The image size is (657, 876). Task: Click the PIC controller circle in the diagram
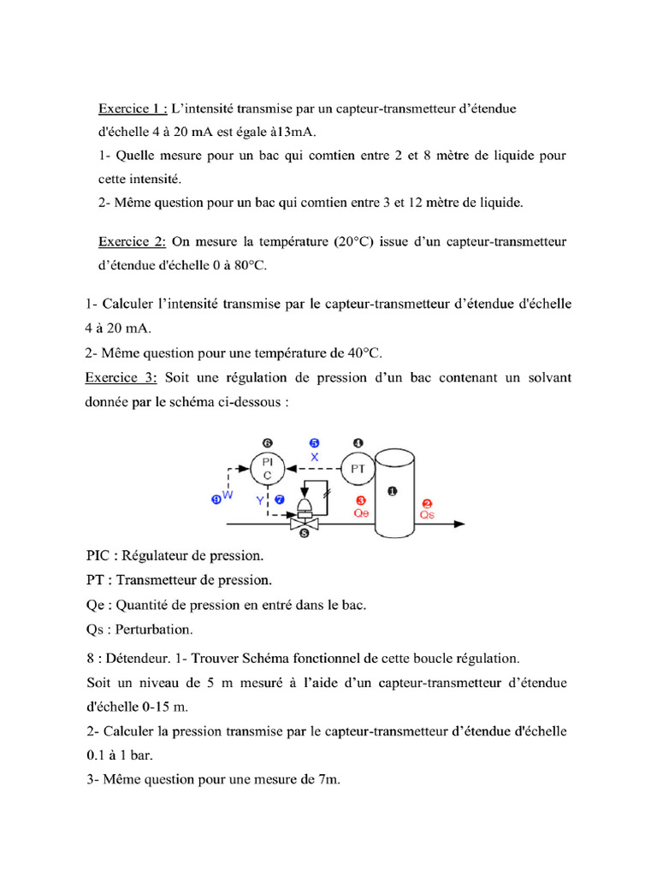pos(268,469)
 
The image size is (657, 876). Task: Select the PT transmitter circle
pos(358,468)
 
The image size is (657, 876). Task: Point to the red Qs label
pos(428,514)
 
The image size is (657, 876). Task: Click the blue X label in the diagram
pos(314,458)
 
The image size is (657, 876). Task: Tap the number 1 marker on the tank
pos(393,490)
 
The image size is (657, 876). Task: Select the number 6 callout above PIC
pos(268,443)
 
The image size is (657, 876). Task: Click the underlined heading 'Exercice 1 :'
pos(133,109)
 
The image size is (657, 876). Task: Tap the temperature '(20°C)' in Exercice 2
pos(353,242)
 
